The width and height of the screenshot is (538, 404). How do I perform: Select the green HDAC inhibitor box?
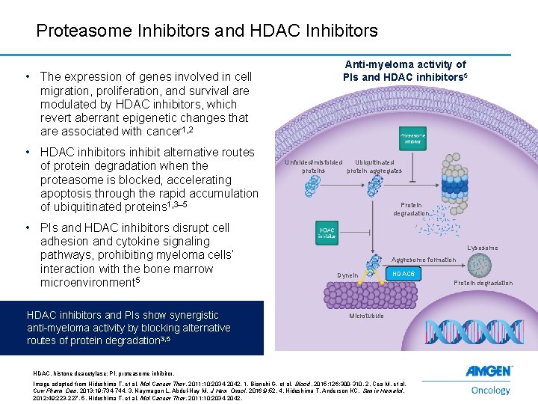click(x=327, y=233)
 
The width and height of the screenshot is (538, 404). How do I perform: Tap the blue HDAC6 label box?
click(x=403, y=275)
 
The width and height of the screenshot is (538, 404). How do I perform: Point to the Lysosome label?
click(x=482, y=248)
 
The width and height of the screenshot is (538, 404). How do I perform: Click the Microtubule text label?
click(x=366, y=316)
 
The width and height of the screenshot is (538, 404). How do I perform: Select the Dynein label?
click(x=347, y=275)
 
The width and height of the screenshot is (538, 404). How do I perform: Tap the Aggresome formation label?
click(x=424, y=260)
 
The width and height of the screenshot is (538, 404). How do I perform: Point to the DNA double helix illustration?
click(x=463, y=332)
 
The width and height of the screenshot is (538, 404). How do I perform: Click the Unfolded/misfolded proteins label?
click(x=313, y=166)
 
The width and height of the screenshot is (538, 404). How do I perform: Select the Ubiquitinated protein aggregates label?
click(x=374, y=166)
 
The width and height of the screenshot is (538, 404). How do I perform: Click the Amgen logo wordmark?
click(x=489, y=372)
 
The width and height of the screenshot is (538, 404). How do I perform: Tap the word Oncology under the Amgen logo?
click(x=491, y=390)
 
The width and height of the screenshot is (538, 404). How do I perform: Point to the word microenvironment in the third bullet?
click(x=86, y=283)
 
